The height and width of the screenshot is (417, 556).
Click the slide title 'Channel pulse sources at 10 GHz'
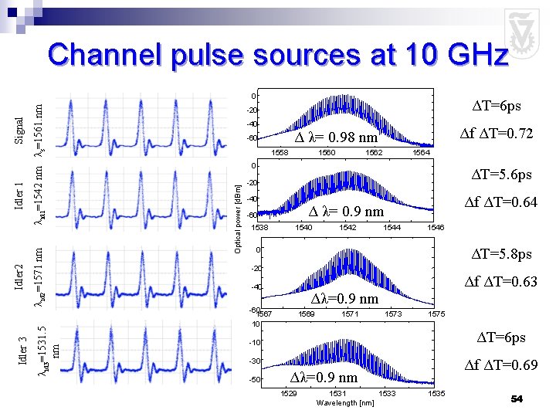tap(277, 56)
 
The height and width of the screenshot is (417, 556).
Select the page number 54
tap(517, 398)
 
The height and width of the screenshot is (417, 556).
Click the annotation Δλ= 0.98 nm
tap(336, 138)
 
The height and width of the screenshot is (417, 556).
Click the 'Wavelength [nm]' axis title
tap(345, 403)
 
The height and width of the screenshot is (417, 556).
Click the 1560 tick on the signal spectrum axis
tap(327, 153)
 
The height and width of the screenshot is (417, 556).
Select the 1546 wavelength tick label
tap(436, 228)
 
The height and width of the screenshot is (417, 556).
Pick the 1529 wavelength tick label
tap(289, 395)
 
